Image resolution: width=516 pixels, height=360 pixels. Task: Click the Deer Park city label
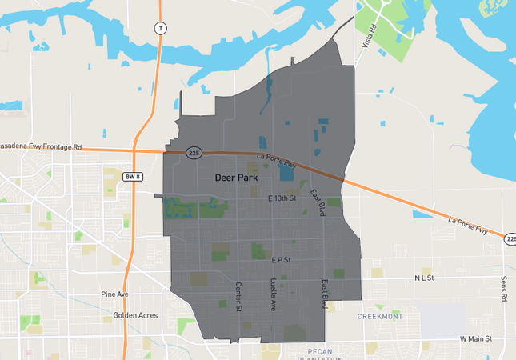pyautogui.click(x=235, y=178)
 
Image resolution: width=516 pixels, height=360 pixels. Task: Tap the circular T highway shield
pyautogui.click(x=160, y=28)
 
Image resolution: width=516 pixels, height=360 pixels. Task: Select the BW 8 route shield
pyautogui.click(x=133, y=176)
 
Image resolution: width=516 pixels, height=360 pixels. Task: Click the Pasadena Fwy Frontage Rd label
pyautogui.click(x=41, y=147)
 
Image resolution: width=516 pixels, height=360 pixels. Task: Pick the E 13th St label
pyautogui.click(x=282, y=198)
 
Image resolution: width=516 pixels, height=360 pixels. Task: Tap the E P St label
pyautogui.click(x=281, y=260)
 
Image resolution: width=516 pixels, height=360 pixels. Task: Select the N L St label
pyautogui.click(x=423, y=278)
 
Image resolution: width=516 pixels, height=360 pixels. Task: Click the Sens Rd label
pyautogui.click(x=504, y=289)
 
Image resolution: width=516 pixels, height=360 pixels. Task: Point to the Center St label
pyautogui.click(x=238, y=297)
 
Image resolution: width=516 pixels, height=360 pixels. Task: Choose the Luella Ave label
pyautogui.click(x=273, y=295)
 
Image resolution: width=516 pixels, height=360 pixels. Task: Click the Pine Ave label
pyautogui.click(x=114, y=294)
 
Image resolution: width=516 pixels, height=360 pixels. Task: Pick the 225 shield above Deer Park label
pyautogui.click(x=194, y=152)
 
